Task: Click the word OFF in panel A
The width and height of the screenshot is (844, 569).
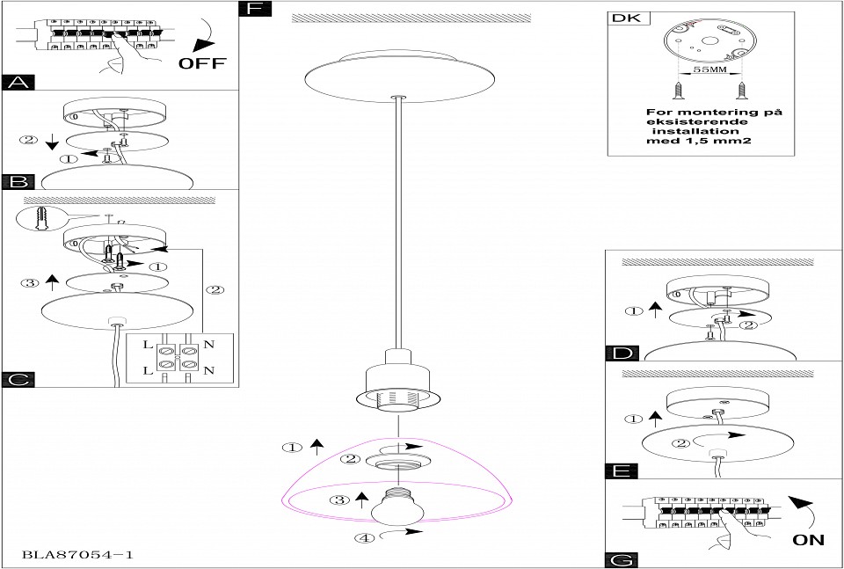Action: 203,63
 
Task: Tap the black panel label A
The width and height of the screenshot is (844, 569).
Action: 18,83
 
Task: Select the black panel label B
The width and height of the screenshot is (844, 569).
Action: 18,182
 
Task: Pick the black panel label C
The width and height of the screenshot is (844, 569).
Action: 18,379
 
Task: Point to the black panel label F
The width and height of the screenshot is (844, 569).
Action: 255,10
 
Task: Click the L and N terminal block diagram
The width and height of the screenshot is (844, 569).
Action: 179,359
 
